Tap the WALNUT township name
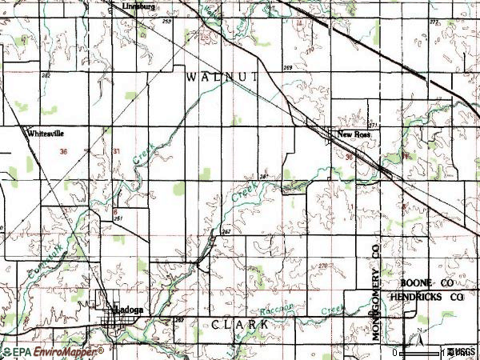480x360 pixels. pyautogui.click(x=222, y=76)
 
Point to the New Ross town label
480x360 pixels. pyautogui.click(x=354, y=135)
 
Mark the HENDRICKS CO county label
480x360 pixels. pyautogui.click(x=426, y=297)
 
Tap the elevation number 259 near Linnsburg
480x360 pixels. pyautogui.click(x=166, y=22)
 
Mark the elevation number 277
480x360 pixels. pyautogui.click(x=434, y=22)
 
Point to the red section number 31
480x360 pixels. pyautogui.click(x=117, y=151)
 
